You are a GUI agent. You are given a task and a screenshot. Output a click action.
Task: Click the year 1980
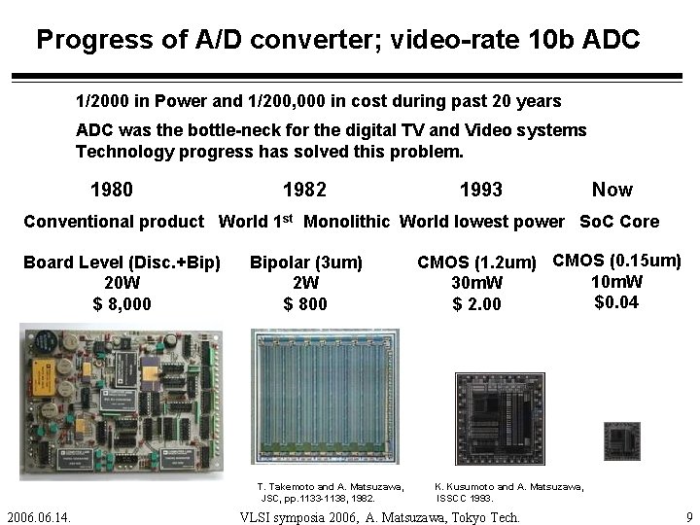[x=111, y=190]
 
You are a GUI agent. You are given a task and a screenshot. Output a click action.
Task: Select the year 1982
[x=303, y=190]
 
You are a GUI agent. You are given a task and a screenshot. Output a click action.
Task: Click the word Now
[x=612, y=190]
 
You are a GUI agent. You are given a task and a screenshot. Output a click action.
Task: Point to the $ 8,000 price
[x=122, y=303]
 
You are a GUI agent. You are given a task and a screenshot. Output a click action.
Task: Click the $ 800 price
[x=305, y=303]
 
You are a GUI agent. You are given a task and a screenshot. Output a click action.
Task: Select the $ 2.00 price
[x=477, y=304]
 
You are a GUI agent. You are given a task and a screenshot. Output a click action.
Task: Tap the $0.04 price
[x=616, y=301]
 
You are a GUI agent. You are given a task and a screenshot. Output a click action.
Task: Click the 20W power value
[x=122, y=282]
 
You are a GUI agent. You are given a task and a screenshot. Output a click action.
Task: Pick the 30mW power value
[x=477, y=283]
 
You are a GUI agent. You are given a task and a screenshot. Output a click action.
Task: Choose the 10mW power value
[x=616, y=281]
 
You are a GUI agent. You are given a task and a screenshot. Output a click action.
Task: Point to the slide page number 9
[x=688, y=516]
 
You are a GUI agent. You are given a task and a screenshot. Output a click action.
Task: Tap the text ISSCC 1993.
[x=465, y=497]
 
